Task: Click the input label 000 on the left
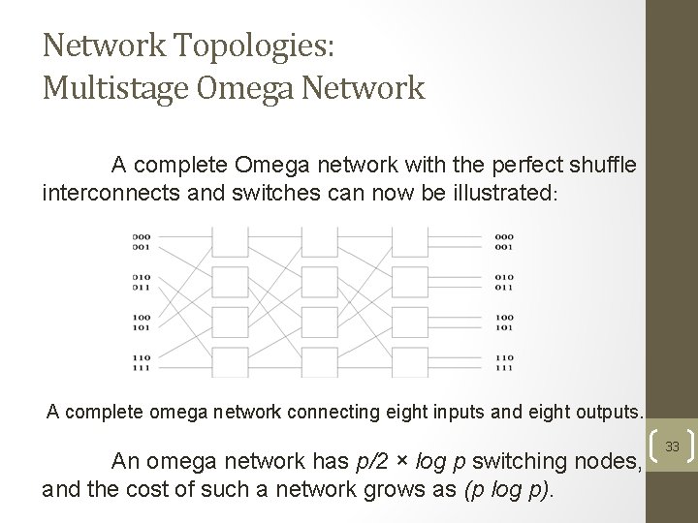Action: [x=142, y=235]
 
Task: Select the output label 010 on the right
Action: [x=504, y=277]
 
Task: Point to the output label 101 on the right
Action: [x=504, y=326]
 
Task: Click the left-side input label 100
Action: [x=142, y=317]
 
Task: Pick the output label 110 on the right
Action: [x=504, y=357]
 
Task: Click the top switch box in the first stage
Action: [x=231, y=241]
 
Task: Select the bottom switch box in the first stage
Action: [x=231, y=362]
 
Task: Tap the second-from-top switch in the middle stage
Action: [x=320, y=282]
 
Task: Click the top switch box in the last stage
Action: [x=409, y=241]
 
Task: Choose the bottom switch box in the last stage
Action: [x=409, y=362]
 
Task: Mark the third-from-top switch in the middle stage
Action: [x=320, y=322]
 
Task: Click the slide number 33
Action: [x=671, y=447]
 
